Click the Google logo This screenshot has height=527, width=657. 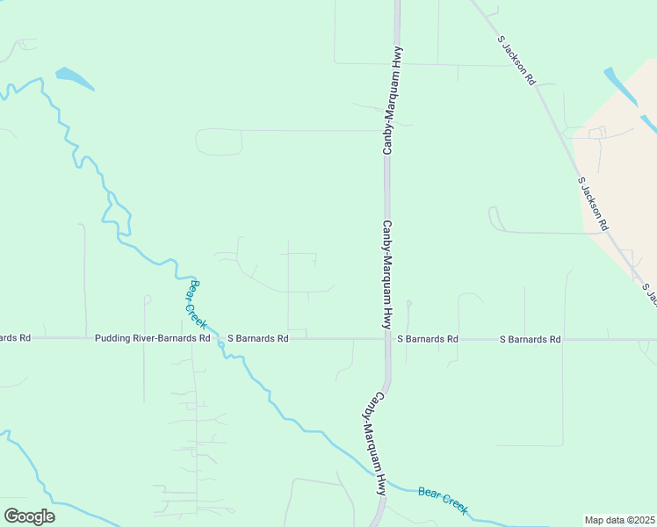(x=29, y=516)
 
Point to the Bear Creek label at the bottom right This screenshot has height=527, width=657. (x=443, y=502)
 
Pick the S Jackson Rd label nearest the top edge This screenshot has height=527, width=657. (x=516, y=60)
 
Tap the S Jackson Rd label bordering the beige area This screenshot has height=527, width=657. (x=593, y=203)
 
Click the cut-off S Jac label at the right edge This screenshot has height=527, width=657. (x=649, y=294)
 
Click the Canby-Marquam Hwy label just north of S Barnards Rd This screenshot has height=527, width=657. (x=386, y=274)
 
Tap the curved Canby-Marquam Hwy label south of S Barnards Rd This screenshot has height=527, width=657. (x=374, y=443)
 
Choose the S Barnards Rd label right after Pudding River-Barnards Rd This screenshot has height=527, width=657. (x=257, y=338)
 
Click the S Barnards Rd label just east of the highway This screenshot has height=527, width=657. (x=427, y=338)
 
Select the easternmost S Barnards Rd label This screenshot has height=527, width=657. (x=530, y=338)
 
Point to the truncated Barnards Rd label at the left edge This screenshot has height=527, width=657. (x=15, y=338)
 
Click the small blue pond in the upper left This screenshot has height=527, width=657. (x=75, y=78)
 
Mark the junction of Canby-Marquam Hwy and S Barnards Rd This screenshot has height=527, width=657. (x=386, y=338)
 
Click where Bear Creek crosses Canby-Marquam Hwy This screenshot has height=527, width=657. (x=384, y=483)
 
